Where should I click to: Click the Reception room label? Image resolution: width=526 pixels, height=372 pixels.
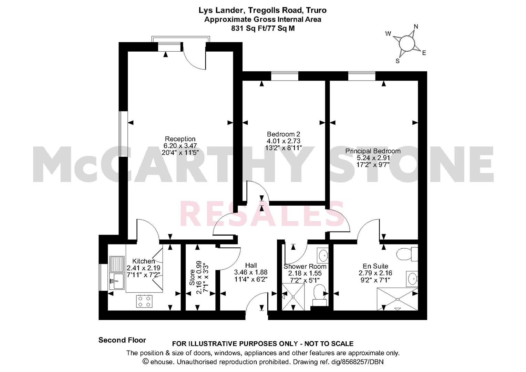180,139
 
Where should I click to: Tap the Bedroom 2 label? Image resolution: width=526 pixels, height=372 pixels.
283,134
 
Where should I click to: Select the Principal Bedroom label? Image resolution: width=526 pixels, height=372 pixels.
373,151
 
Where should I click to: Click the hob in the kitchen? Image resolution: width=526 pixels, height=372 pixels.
144,301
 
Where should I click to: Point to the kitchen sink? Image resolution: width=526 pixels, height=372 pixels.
117,273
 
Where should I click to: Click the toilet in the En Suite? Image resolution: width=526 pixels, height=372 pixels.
407,254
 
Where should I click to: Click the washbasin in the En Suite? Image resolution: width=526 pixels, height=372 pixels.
412,279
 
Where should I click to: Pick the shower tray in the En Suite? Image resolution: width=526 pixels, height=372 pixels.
398,299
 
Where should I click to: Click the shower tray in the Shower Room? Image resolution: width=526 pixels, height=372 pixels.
293,297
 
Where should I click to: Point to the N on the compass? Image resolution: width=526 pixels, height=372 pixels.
416,27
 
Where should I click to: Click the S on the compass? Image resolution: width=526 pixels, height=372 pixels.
398,61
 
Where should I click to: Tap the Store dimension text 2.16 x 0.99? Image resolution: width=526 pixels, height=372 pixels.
199,277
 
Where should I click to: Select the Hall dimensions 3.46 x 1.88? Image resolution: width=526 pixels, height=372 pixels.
251,272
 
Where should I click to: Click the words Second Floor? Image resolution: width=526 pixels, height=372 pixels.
122,340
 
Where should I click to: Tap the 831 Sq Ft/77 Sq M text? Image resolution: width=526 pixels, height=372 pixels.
263,28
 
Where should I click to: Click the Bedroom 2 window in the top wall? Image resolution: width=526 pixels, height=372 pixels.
285,76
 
